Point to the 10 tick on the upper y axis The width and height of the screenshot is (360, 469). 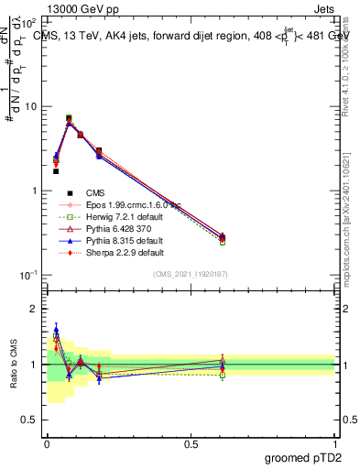tap(31, 106)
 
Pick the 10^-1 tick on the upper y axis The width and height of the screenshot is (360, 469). tap(28, 275)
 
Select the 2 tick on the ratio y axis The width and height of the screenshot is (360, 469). tap(35, 310)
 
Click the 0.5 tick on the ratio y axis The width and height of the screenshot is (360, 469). tap(30, 420)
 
